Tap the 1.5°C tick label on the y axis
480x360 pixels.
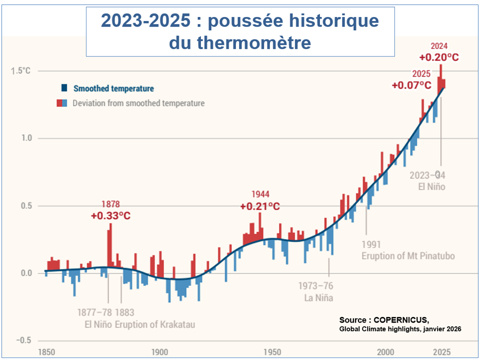point(20,70)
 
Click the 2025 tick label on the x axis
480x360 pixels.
point(441,351)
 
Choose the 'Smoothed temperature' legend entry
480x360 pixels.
point(113,88)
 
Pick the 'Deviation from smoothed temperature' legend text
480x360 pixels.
point(138,103)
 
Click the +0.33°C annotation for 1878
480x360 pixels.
point(110,216)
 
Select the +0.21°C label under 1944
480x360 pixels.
point(259,206)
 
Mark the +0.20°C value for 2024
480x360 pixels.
point(439,56)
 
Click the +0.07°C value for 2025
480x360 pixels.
point(411,85)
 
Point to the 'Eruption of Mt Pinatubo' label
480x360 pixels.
point(408,255)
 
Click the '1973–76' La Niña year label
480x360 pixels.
point(315,286)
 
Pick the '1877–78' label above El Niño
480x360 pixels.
point(94,312)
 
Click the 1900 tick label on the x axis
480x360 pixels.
point(159,351)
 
